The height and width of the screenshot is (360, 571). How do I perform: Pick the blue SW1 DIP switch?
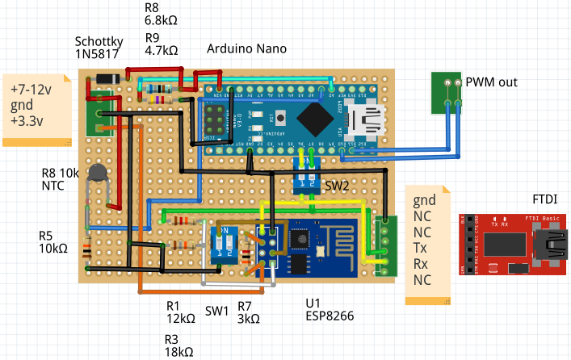pyautogui.click(x=225, y=245)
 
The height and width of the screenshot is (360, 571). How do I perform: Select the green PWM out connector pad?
pyautogui.click(x=446, y=93)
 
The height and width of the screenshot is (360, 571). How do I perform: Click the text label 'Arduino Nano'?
pyautogui.click(x=246, y=48)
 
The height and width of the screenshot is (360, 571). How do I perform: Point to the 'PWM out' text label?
pyautogui.click(x=491, y=82)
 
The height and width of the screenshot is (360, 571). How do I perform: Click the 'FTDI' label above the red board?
pyautogui.click(x=546, y=199)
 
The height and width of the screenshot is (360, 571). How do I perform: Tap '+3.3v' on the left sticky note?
pyautogui.click(x=28, y=122)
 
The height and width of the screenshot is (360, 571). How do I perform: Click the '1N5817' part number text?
pyautogui.click(x=97, y=56)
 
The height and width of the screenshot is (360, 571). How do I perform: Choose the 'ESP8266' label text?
pyautogui.click(x=330, y=317)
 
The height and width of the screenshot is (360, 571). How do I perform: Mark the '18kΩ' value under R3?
pyautogui.click(x=180, y=351)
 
